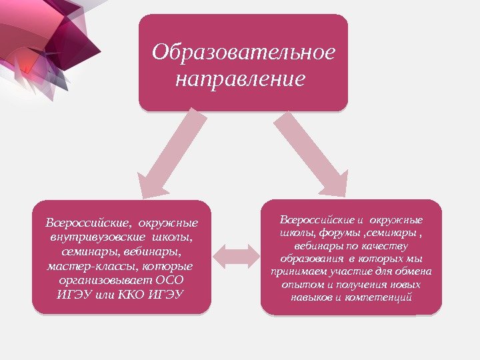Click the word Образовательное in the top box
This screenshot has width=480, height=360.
(243, 53)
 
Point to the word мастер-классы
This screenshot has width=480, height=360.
(87, 267)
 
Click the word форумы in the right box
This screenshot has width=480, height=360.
(342, 233)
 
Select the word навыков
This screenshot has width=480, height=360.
(312, 296)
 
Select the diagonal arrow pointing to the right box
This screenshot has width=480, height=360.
(310, 151)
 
